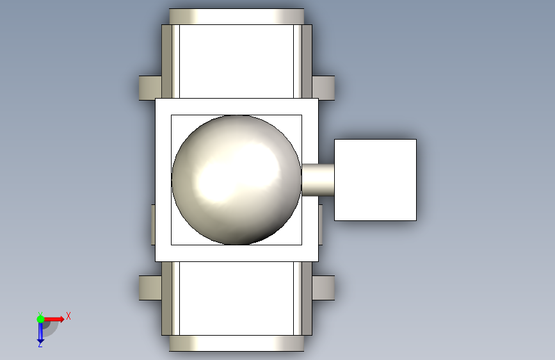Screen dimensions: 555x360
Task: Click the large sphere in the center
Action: (x=236, y=179)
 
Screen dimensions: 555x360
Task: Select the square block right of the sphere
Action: (x=375, y=180)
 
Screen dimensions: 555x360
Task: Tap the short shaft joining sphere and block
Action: (x=318, y=180)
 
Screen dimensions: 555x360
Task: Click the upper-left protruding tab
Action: (x=150, y=88)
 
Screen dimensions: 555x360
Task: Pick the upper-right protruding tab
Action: (x=323, y=88)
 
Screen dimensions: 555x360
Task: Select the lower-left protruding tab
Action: (x=150, y=288)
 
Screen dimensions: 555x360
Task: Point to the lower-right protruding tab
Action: (x=323, y=288)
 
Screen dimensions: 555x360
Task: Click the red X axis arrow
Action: (x=54, y=319)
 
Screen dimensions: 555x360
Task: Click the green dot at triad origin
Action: (x=40, y=319)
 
